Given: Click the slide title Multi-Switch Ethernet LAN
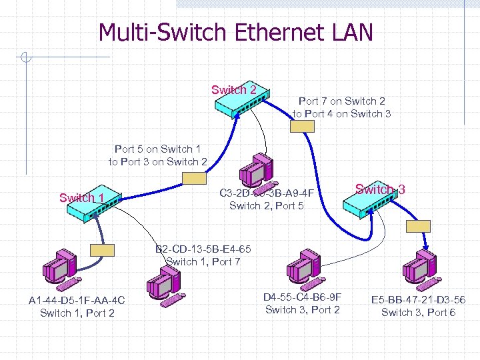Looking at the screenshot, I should click(x=236, y=32).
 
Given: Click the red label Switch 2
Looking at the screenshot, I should click(x=233, y=90).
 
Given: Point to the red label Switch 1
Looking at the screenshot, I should click(x=81, y=197).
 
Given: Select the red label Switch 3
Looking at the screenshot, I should click(x=380, y=189).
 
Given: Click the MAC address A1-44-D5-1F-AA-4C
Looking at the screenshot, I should click(x=77, y=301).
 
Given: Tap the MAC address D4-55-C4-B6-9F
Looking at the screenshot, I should click(x=302, y=297).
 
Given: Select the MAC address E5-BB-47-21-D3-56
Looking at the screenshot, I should click(x=418, y=300).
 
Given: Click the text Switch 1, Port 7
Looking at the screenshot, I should click(x=203, y=261).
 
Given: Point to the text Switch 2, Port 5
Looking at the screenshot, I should click(x=266, y=205).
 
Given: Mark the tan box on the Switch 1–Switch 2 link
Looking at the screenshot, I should click(x=195, y=178).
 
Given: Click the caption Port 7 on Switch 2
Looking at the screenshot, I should click(x=341, y=101).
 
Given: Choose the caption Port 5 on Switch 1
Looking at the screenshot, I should click(x=157, y=149).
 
